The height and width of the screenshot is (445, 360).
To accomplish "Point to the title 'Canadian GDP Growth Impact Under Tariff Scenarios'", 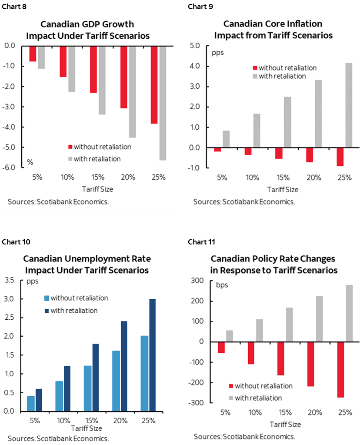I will (93, 30).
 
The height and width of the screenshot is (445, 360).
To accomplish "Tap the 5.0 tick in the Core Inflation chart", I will (194, 46).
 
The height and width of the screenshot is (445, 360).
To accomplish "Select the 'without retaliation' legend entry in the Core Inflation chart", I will (287, 68).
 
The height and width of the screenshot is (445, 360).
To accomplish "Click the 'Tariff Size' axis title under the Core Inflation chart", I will (283, 189).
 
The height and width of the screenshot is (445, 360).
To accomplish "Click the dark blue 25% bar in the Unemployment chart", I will (152, 355).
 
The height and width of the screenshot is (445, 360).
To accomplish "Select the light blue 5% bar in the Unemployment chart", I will (30, 403).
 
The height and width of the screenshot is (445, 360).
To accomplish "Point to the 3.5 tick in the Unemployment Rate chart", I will (10, 281).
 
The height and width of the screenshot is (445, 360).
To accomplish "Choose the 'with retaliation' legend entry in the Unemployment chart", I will (74, 311).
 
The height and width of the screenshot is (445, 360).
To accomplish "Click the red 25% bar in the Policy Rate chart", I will (340, 370).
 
